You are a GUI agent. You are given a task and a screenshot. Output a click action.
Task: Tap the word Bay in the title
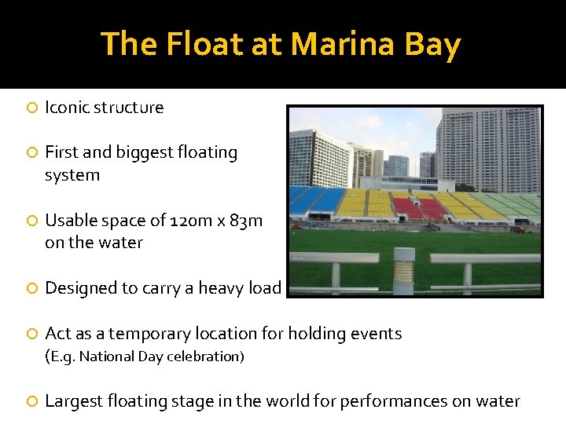432,45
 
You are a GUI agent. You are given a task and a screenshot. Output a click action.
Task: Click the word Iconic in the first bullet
67,108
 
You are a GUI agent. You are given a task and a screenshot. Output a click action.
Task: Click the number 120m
198,221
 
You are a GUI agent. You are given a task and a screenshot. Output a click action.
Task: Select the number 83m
246,221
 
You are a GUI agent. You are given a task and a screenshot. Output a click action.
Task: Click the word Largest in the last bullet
75,401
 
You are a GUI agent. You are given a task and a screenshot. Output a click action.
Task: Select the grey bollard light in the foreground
402,270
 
